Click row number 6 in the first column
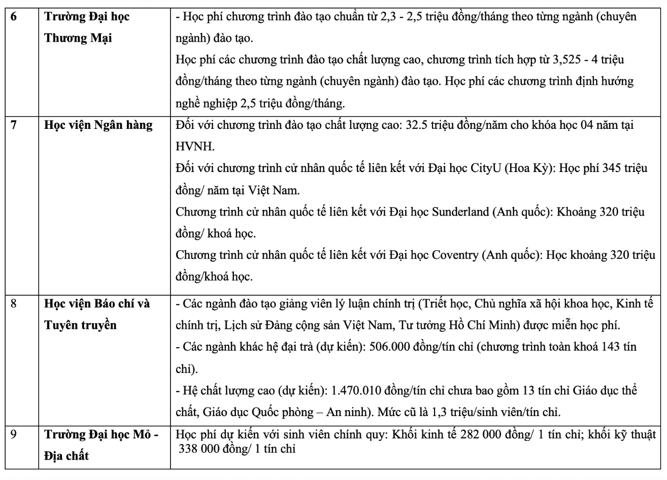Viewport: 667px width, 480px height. click(x=14, y=16)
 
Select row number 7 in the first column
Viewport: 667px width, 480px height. click(x=14, y=125)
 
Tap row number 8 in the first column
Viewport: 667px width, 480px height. click(x=14, y=304)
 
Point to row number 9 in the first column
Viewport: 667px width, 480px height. click(x=14, y=435)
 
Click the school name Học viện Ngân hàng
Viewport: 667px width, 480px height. click(x=98, y=125)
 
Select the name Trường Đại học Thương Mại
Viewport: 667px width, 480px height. click(x=87, y=27)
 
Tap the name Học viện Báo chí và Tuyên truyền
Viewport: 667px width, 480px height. click(x=97, y=315)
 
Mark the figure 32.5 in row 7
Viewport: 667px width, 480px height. click(x=417, y=125)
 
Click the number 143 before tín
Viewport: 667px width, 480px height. click(x=612, y=347)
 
